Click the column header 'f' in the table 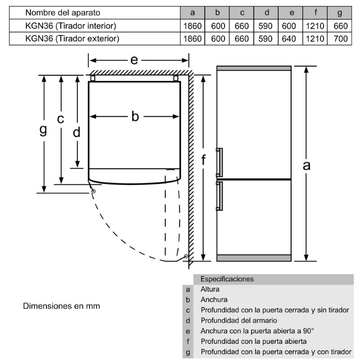tap(315, 13)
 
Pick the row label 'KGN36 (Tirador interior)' tap(71, 26)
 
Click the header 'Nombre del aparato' tap(63, 13)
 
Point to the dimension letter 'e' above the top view tap(134, 59)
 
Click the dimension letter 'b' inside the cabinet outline tap(135, 117)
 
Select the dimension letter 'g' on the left tap(43, 130)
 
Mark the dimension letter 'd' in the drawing tap(77, 132)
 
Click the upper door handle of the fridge tap(219, 162)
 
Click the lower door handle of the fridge tap(219, 196)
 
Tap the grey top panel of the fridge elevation tap(254, 68)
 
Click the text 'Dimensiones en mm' tap(62, 306)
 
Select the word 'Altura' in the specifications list tap(210, 289)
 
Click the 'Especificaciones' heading tap(227, 279)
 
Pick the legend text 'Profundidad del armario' tap(238, 320)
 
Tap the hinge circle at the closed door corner tap(94, 191)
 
